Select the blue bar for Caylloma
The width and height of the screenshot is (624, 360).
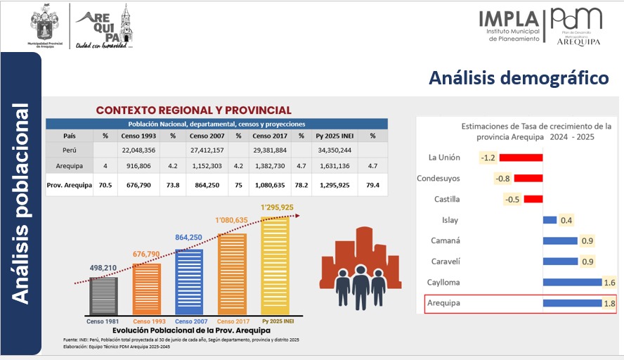(573, 283)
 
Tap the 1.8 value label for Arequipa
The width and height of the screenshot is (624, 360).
(609, 304)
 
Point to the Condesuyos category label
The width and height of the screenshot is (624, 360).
(438, 179)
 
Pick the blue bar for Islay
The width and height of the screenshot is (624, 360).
(550, 220)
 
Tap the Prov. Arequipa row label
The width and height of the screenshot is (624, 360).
(69, 186)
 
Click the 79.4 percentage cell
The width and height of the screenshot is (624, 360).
(372, 186)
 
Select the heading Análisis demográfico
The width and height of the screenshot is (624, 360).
(519, 77)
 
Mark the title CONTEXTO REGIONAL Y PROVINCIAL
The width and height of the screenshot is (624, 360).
(193, 110)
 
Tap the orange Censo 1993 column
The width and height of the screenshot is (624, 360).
(147, 288)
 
